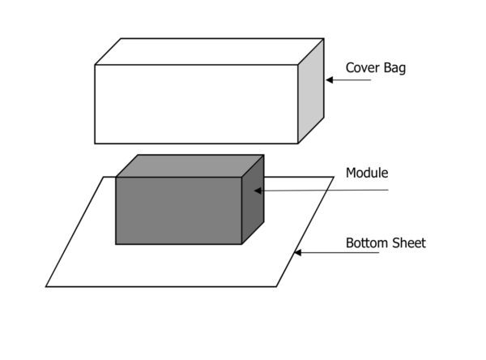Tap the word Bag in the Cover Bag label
coord(394,68)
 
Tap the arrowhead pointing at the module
coord(258,191)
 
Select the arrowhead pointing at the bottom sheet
coord(297,253)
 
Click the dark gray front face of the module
coord(178,210)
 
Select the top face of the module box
coord(190,165)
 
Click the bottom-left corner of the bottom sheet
coord(46,286)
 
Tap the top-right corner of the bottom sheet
coord(334,177)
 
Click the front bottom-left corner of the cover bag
coord(96,144)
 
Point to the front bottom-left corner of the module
coord(117,243)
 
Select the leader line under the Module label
coord(340,191)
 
